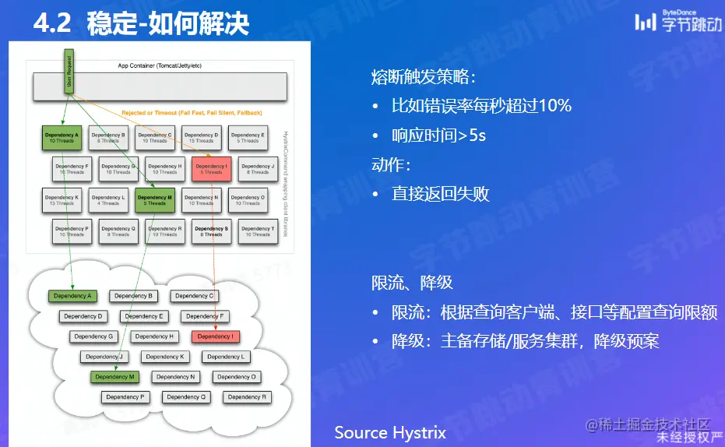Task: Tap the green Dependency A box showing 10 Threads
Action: coord(62,138)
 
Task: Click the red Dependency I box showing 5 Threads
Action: coord(212,168)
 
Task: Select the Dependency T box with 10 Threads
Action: coord(257,231)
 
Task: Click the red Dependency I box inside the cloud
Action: coord(214,336)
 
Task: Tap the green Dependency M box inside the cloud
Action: coord(114,377)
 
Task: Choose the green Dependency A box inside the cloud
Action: coord(72,296)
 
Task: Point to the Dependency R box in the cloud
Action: coord(247,397)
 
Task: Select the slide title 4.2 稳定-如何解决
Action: coord(141,23)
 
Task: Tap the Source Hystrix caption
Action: coord(390,432)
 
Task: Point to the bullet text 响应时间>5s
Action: coord(438,136)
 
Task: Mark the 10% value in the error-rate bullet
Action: coord(554,106)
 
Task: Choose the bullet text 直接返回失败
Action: coord(440,194)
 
